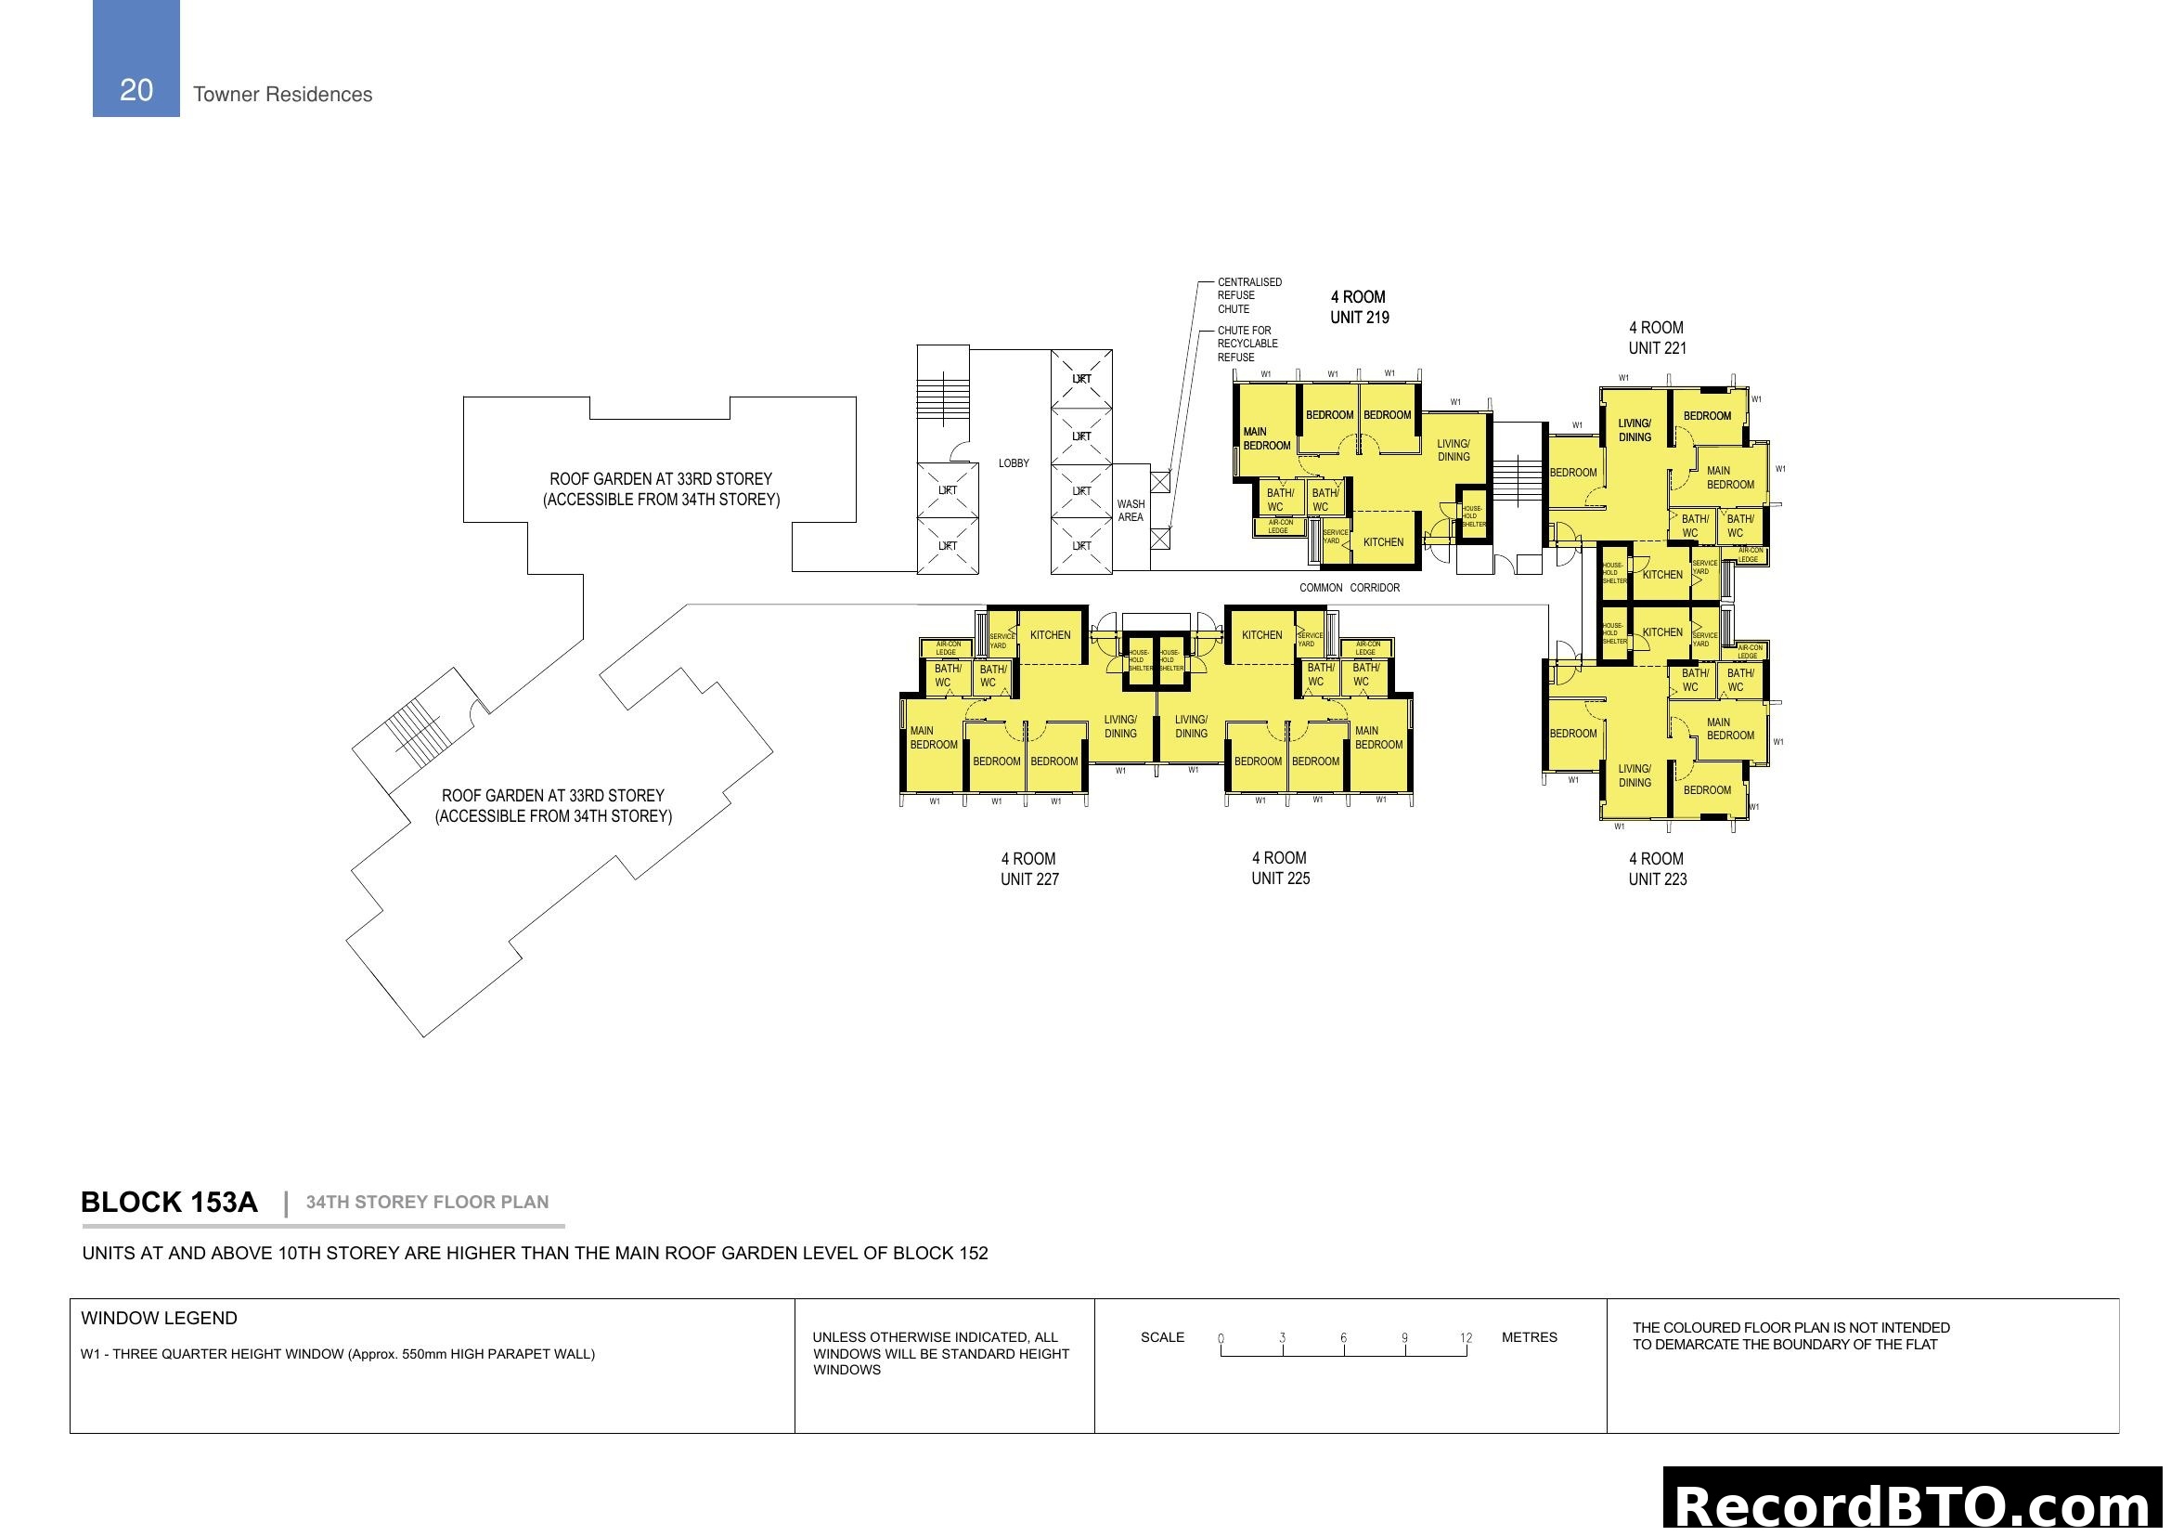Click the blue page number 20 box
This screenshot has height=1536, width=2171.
(x=136, y=59)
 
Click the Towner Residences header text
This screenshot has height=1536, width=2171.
(x=282, y=95)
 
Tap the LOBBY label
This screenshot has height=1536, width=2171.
(x=1013, y=463)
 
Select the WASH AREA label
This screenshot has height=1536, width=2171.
(x=1130, y=511)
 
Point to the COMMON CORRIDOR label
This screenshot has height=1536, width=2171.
(x=1349, y=588)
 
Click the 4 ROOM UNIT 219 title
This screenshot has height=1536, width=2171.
(x=1359, y=307)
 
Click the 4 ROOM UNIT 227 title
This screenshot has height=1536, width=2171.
(x=1028, y=868)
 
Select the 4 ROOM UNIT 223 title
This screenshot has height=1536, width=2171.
(x=1657, y=868)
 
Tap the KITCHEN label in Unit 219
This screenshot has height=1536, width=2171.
(x=1382, y=543)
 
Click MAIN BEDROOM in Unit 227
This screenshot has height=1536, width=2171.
(x=933, y=737)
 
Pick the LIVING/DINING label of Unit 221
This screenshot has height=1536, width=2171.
(x=1634, y=430)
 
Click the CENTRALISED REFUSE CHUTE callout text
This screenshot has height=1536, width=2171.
(x=1248, y=295)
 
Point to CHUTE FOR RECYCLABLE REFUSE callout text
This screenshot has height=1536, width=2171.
(x=1247, y=344)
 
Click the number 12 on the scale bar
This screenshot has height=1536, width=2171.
(x=1465, y=1338)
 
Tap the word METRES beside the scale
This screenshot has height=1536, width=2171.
(x=1528, y=1337)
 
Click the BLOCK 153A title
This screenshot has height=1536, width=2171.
(x=168, y=1202)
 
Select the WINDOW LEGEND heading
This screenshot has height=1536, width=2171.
(x=159, y=1319)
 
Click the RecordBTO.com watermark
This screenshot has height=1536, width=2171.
(x=1915, y=1505)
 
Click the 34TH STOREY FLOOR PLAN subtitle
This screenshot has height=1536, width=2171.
(x=426, y=1202)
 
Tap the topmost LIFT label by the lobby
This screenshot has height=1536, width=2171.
(x=1080, y=379)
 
